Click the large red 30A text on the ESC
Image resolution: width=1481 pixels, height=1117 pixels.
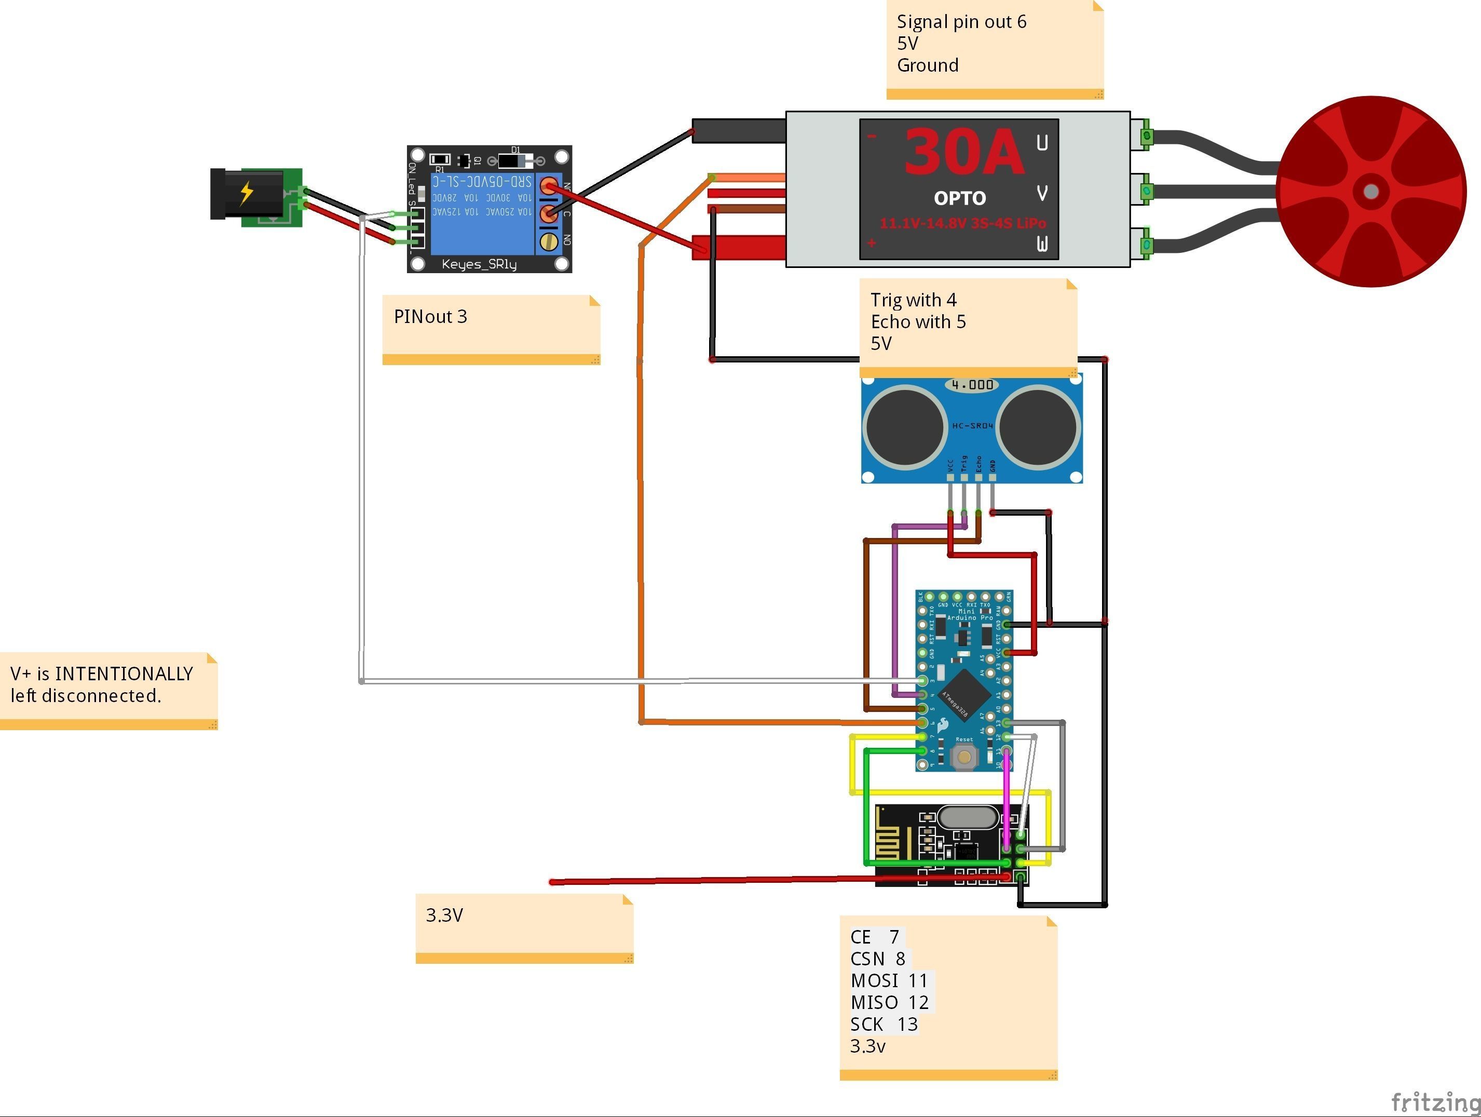963,153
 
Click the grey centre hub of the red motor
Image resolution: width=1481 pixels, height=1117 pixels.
1370,192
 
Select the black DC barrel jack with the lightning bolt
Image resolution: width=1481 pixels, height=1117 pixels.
247,194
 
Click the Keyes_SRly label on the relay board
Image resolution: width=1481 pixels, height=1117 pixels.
479,264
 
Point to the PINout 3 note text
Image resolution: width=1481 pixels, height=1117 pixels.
430,317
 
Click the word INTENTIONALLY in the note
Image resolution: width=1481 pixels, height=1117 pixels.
124,674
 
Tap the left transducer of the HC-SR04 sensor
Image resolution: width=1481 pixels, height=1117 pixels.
904,426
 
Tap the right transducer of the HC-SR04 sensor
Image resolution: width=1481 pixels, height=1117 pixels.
1038,426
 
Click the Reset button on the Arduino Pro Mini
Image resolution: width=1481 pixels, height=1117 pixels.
964,757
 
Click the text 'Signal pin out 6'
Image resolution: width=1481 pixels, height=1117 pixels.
961,22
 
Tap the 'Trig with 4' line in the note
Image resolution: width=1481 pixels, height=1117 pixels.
913,300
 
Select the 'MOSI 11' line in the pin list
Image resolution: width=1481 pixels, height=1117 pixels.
889,981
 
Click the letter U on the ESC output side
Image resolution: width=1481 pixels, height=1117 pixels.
1042,143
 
